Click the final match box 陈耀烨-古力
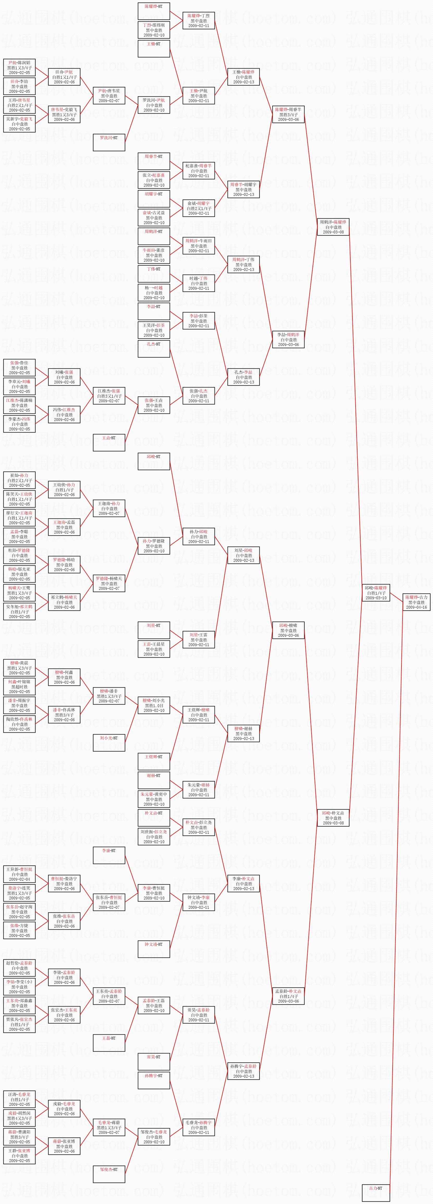click(416, 602)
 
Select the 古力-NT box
click(375, 1193)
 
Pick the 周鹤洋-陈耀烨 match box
click(333, 227)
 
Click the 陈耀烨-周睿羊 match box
click(288, 114)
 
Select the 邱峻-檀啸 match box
click(288, 630)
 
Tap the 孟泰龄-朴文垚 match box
click(288, 996)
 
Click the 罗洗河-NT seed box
click(109, 143)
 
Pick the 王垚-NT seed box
click(109, 443)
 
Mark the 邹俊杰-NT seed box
click(109, 1174)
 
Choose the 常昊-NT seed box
click(154, 1061)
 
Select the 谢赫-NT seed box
click(154, 780)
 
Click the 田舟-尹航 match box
click(64, 77)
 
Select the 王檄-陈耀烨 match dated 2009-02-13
click(243, 77)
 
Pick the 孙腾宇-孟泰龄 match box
click(243, 1071)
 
